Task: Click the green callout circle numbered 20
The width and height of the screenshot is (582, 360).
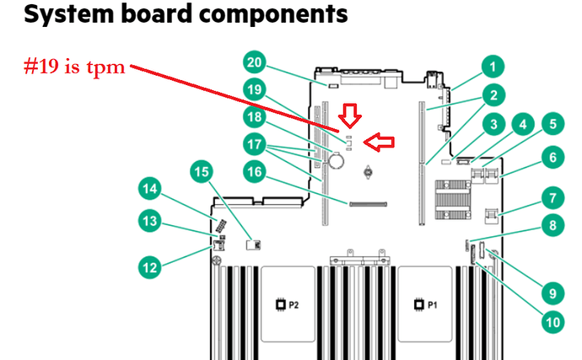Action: click(x=256, y=62)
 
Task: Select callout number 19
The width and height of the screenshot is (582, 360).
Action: click(x=256, y=88)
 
